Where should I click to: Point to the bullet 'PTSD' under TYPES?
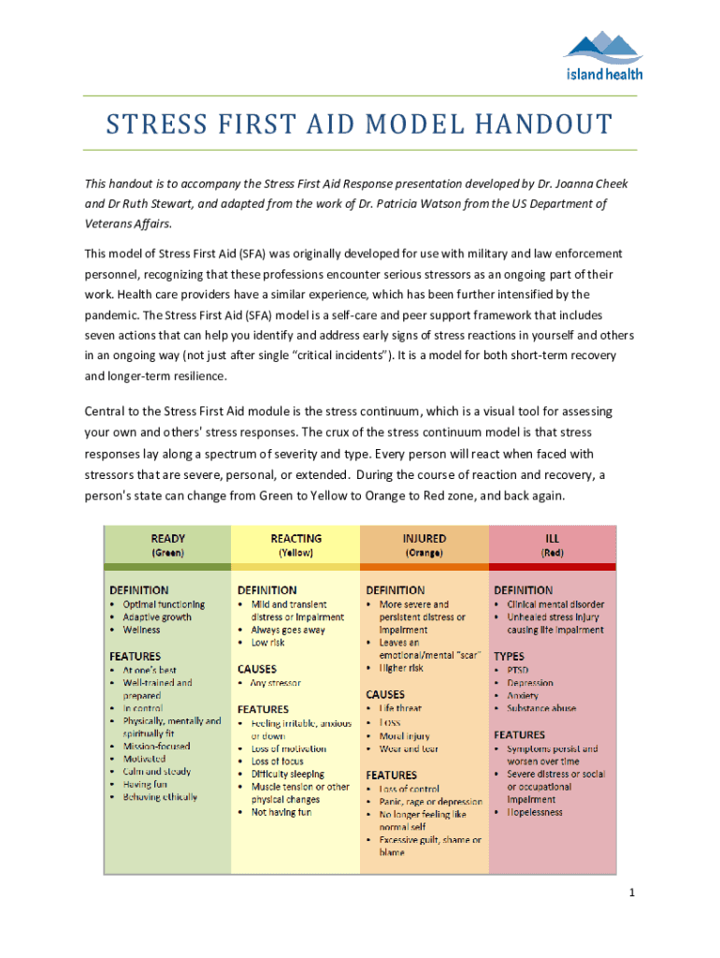pyautogui.click(x=518, y=671)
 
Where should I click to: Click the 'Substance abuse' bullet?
pyautogui.click(x=540, y=708)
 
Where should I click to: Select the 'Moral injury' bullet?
pyautogui.click(x=405, y=736)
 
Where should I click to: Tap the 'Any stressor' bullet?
pyautogui.click(x=276, y=683)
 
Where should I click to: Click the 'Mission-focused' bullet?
pyautogui.click(x=156, y=747)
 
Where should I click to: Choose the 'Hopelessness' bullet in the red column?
pyautogui.click(x=535, y=812)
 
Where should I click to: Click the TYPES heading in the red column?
pyautogui.click(x=509, y=656)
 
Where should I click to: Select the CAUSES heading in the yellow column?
pyautogui.click(x=257, y=669)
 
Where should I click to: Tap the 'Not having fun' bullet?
pyautogui.click(x=281, y=812)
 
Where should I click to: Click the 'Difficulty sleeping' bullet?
pyautogui.click(x=288, y=774)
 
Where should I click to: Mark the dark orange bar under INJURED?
pyautogui.click(x=424, y=567)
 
